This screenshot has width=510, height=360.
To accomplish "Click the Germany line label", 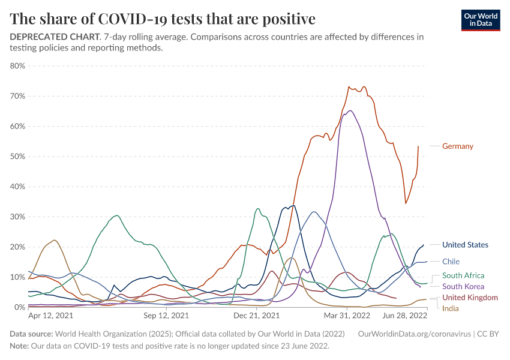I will pyautogui.click(x=457, y=146).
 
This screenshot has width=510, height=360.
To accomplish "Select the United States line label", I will pyautogui.click(x=465, y=245).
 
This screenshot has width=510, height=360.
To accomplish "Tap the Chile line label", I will pyautogui.click(x=451, y=262).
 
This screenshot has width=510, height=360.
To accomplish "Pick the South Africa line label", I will pyautogui.click(x=463, y=275).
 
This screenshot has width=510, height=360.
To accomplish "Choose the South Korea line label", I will pyautogui.click(x=463, y=286).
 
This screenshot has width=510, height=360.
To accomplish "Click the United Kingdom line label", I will pyautogui.click(x=470, y=298).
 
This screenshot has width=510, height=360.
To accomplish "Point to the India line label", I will pyautogui.click(x=450, y=308).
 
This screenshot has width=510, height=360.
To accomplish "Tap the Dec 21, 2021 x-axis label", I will pyautogui.click(x=256, y=315).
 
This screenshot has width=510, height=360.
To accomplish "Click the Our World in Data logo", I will pyautogui.click(x=481, y=20).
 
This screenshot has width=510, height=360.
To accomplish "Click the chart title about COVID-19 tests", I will pyautogui.click(x=163, y=19).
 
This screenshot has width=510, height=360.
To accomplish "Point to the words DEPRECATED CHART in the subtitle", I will pyautogui.click(x=53, y=37).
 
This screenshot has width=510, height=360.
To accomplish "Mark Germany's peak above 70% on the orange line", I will pyautogui.click(x=349, y=87).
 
